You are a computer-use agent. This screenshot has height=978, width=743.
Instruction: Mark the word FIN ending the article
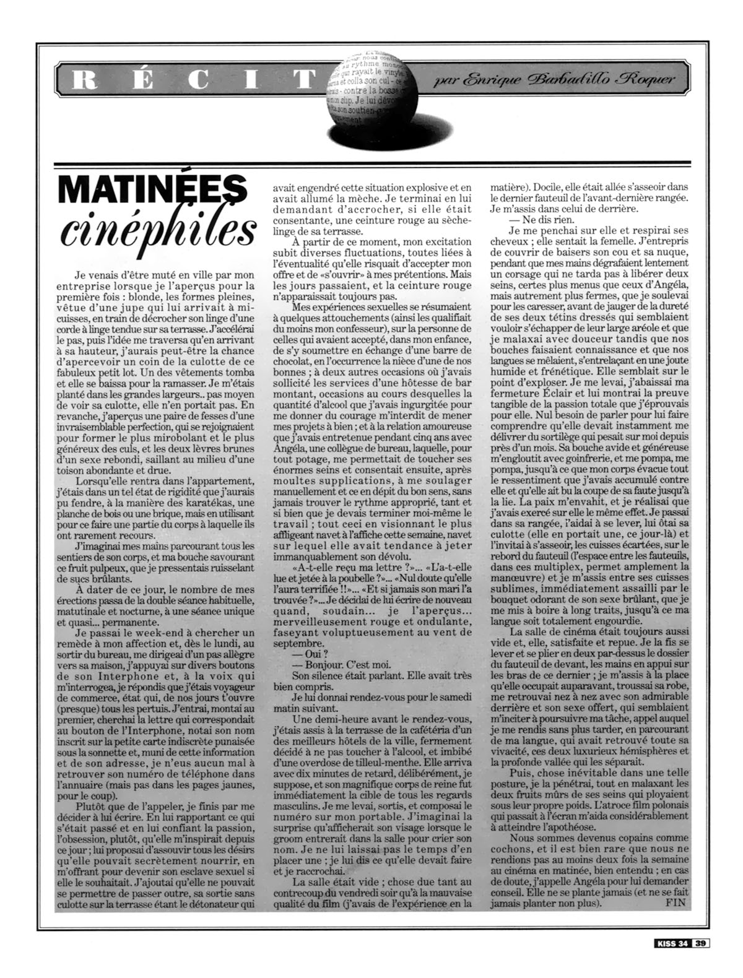click(x=676, y=902)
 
